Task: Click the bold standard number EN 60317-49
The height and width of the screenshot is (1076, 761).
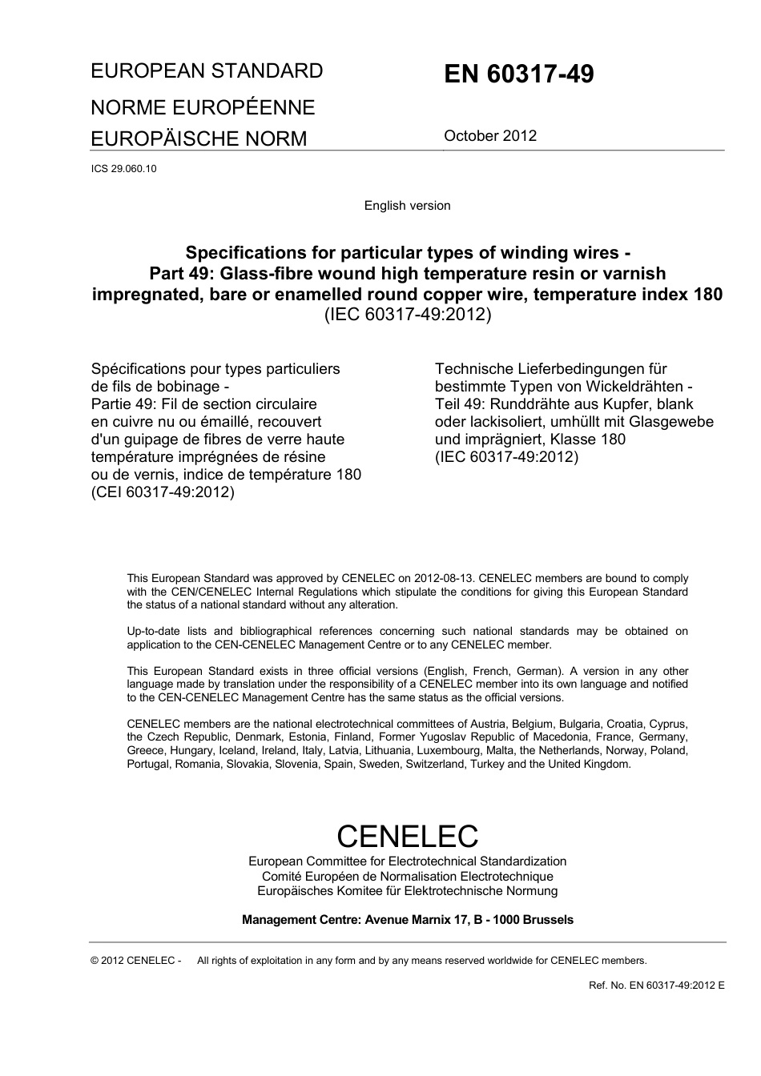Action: (518, 74)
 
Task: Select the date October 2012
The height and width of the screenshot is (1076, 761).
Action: (489, 136)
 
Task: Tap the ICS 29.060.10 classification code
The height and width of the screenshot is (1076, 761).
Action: (123, 169)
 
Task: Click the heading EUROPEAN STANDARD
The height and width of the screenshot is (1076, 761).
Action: (207, 71)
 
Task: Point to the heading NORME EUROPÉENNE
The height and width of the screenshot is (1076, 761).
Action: (203, 107)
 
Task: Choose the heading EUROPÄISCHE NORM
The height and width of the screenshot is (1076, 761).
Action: (199, 139)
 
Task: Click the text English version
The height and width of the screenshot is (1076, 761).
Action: (407, 206)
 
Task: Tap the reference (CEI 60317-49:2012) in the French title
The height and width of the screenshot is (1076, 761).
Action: (163, 492)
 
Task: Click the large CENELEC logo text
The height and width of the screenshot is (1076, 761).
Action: (407, 836)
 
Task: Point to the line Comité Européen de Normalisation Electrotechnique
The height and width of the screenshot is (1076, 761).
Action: (407, 877)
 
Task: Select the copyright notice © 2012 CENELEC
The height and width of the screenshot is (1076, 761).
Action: (135, 961)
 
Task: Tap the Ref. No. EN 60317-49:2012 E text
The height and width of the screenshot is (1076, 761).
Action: (656, 986)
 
